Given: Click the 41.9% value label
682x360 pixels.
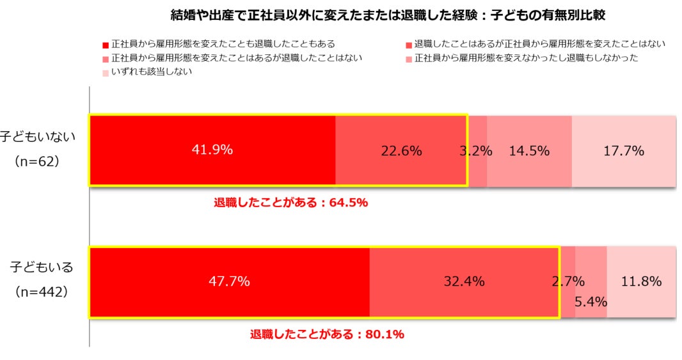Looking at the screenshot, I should pos(212,150).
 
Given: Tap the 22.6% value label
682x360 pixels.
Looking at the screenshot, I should pos(401,151).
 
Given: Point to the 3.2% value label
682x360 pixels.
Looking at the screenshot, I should pos(475,151).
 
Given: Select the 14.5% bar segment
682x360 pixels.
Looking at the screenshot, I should pos(529,151).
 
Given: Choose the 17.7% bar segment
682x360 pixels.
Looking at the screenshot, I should pos(624,151).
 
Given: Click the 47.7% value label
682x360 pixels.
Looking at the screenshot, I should pos(229,281).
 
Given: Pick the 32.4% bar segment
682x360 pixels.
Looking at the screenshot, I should pos(464,281).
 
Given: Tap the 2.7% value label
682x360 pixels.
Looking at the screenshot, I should pos(568,281).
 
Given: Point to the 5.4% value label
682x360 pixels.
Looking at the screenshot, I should pos(591,301).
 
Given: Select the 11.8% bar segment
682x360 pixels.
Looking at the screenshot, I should pos(641,281).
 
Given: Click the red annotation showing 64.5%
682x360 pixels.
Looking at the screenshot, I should pos(290,203).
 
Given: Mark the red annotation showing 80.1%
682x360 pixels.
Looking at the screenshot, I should pos(326,334).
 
